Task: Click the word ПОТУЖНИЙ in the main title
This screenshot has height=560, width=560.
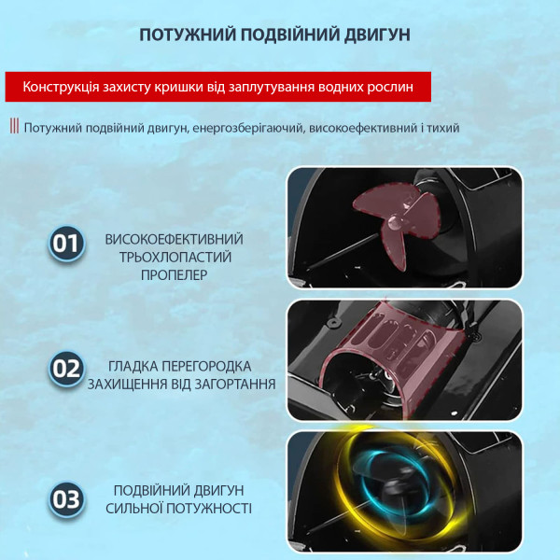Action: click(x=188, y=35)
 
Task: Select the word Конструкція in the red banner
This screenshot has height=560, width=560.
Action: click(x=61, y=87)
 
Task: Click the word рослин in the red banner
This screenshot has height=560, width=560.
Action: click(x=390, y=88)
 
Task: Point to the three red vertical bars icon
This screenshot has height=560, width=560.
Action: click(x=14, y=126)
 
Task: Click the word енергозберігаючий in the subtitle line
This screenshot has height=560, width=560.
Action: click(x=247, y=128)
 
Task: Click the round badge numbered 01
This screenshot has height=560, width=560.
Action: click(x=66, y=244)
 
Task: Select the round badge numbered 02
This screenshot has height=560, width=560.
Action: click(x=66, y=369)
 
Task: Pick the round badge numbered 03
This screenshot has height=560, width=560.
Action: click(x=66, y=499)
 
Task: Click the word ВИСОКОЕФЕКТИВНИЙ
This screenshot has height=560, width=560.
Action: click(x=174, y=239)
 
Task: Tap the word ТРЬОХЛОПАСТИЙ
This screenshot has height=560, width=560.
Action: click(x=175, y=258)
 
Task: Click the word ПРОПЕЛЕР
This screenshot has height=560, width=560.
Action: click(x=174, y=275)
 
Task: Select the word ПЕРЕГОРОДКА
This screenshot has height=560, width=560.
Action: click(x=207, y=367)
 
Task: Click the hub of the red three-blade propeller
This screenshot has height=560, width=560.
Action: click(x=395, y=222)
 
